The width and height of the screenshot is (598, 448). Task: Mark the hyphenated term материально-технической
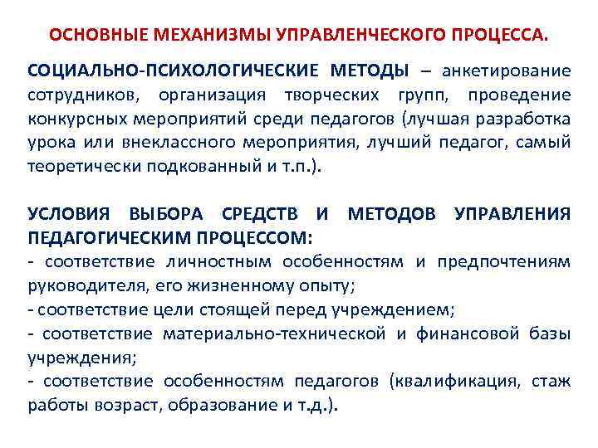point(274,334)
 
